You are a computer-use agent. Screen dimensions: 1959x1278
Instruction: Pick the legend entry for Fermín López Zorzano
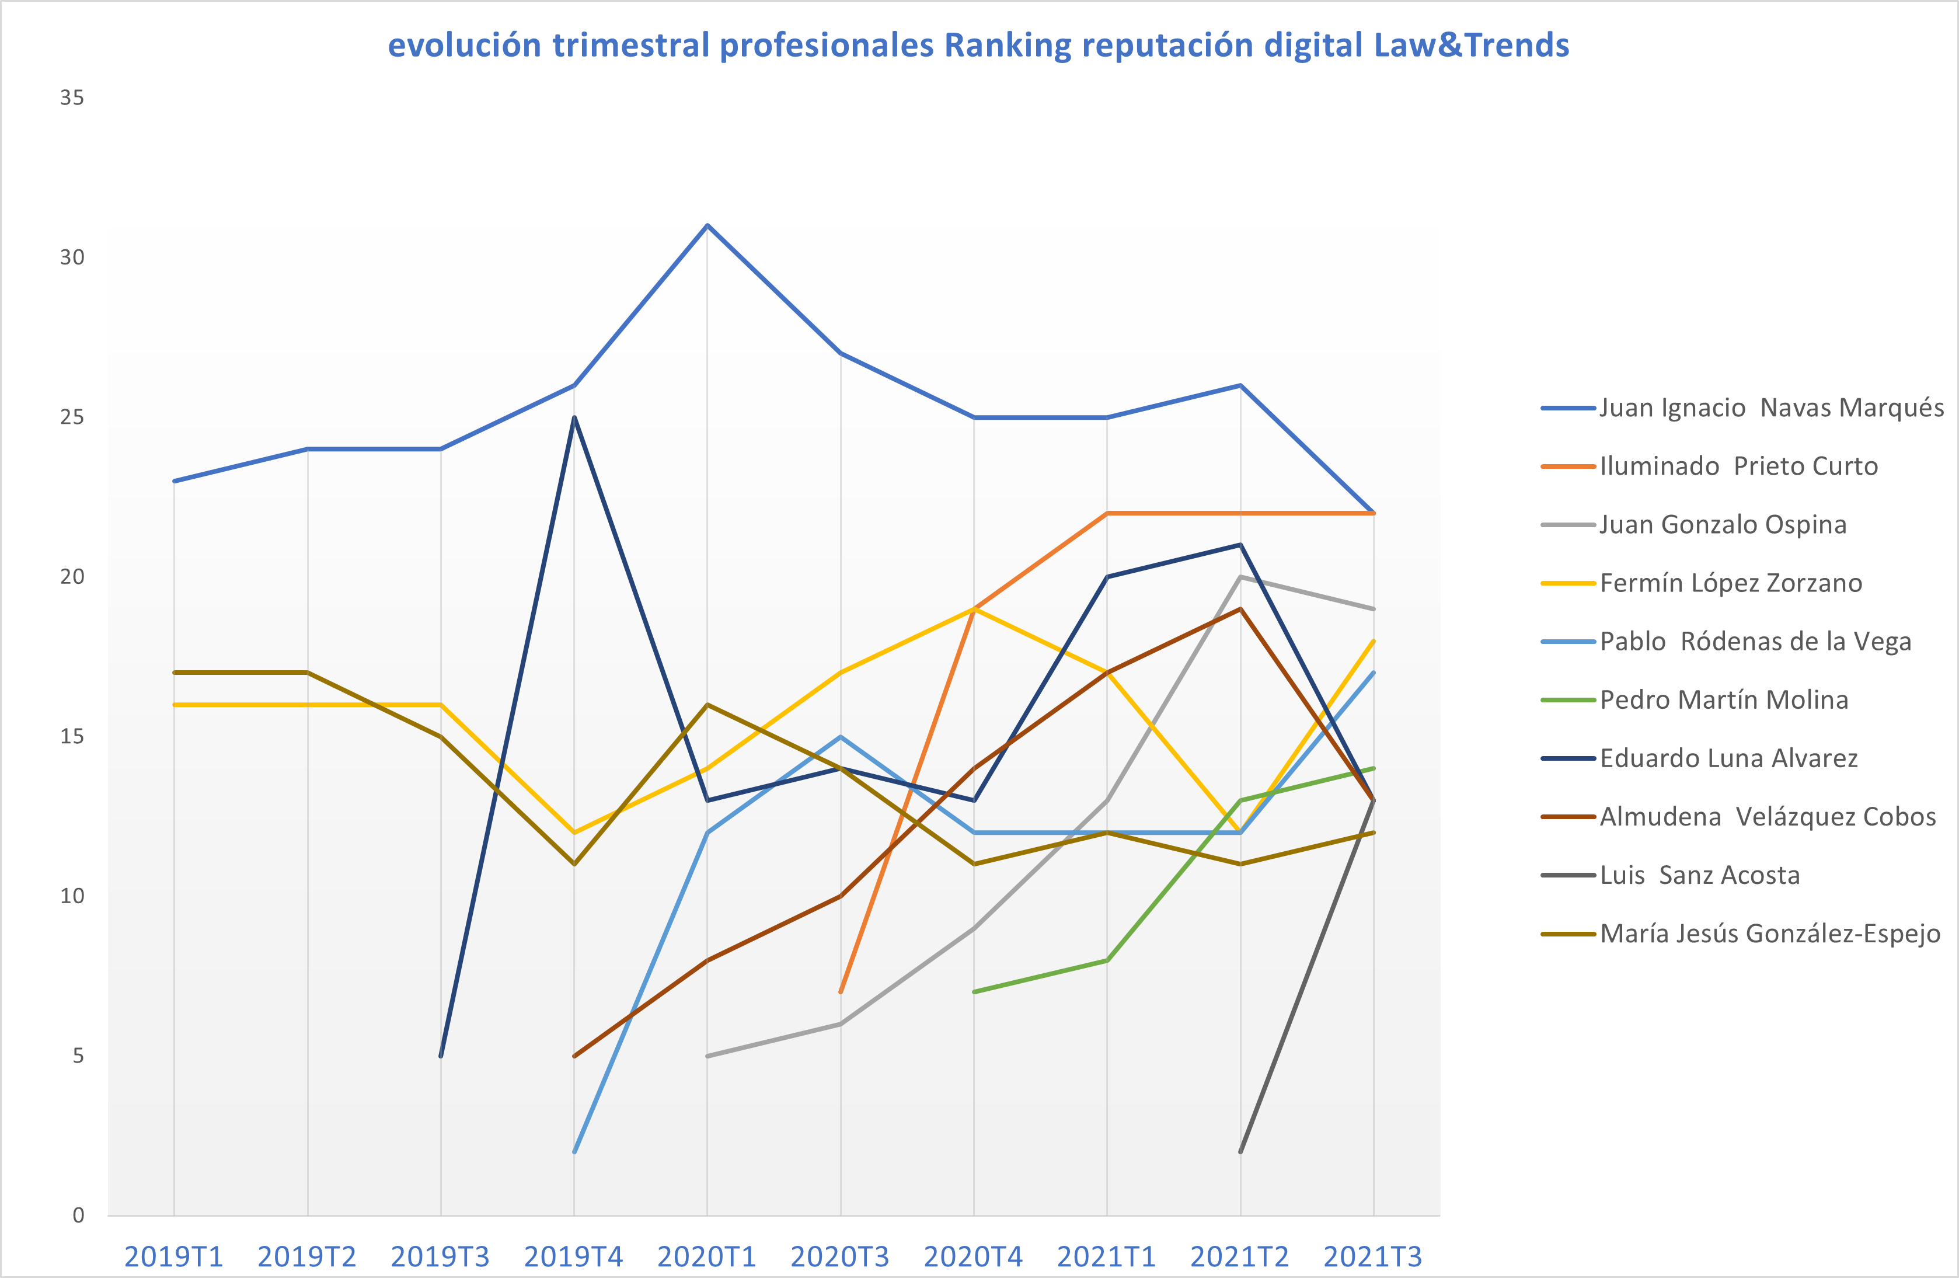pyautogui.click(x=1702, y=584)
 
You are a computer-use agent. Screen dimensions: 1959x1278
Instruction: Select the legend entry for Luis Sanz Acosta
pyautogui.click(x=1670, y=875)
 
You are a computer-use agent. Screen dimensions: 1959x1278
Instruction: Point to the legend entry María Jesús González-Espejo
pyautogui.click(x=1741, y=934)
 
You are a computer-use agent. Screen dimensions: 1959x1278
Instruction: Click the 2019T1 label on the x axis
pyautogui.click(x=174, y=1256)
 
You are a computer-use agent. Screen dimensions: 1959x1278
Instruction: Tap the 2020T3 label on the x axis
pyautogui.click(x=841, y=1256)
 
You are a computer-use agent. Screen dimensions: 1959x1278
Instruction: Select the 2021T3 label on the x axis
pyautogui.click(x=1373, y=1256)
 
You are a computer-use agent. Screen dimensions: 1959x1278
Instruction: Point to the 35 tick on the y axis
pyautogui.click(x=72, y=98)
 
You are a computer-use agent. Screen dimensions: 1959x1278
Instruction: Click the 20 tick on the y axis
pyautogui.click(x=72, y=576)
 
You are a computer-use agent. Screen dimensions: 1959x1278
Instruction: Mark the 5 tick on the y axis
pyautogui.click(x=78, y=1056)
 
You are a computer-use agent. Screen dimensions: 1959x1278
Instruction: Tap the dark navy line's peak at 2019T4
pyautogui.click(x=574, y=417)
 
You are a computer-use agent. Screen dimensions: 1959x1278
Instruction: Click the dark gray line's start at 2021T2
pyautogui.click(x=1240, y=1152)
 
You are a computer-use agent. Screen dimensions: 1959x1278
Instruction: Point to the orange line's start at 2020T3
pyautogui.click(x=841, y=993)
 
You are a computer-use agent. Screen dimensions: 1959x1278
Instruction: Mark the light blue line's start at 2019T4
pyautogui.click(x=574, y=1152)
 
